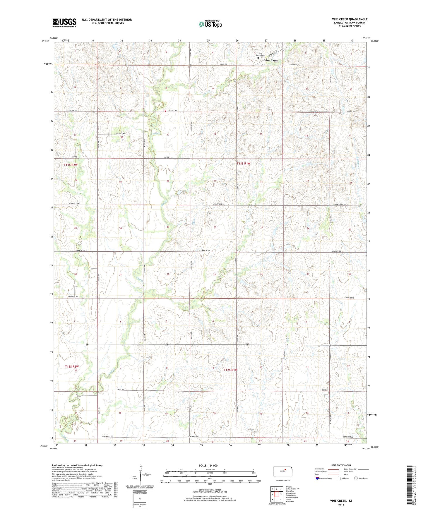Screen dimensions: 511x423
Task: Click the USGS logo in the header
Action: (64, 23)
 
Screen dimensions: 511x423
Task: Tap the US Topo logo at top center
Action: (210, 24)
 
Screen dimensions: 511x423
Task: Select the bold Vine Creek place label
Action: (271, 61)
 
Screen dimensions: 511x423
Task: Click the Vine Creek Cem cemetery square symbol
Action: (258, 58)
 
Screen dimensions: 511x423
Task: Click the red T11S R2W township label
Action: (71, 165)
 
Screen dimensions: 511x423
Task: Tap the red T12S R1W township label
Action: (230, 370)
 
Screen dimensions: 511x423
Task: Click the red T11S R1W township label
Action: (244, 164)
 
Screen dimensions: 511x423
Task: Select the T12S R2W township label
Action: (72, 366)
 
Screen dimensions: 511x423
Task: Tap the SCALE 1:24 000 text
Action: (208, 466)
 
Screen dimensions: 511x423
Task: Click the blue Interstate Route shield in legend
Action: (317, 478)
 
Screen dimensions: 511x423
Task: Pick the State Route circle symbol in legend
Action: (356, 478)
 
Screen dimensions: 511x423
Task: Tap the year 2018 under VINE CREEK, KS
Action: (341, 505)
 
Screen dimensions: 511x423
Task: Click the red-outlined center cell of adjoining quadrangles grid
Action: (277, 494)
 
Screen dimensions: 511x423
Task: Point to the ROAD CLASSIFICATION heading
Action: (341, 465)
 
